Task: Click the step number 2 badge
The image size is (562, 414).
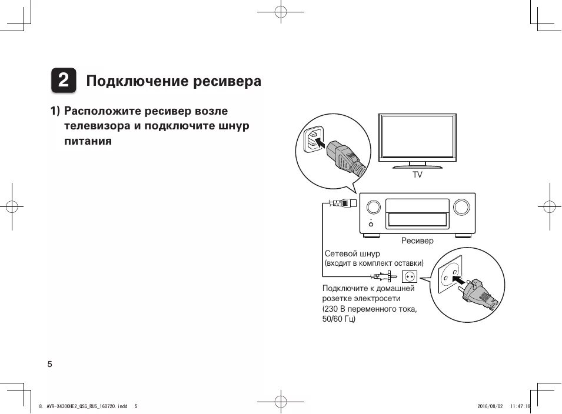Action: point(63,81)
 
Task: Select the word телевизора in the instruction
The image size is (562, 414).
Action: point(97,126)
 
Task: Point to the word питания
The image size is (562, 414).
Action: point(88,142)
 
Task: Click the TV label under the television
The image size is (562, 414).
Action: point(417,175)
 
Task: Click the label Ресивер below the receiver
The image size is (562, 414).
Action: point(417,241)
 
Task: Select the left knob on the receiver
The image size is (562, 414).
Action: point(373,207)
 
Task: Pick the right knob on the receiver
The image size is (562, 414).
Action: point(462,207)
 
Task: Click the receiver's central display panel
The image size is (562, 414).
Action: point(417,213)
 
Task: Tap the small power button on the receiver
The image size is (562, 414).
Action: point(371,223)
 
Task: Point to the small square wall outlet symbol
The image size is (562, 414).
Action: point(409,275)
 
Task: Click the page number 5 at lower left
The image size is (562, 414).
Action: point(49,364)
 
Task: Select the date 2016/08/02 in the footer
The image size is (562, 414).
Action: point(490,406)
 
